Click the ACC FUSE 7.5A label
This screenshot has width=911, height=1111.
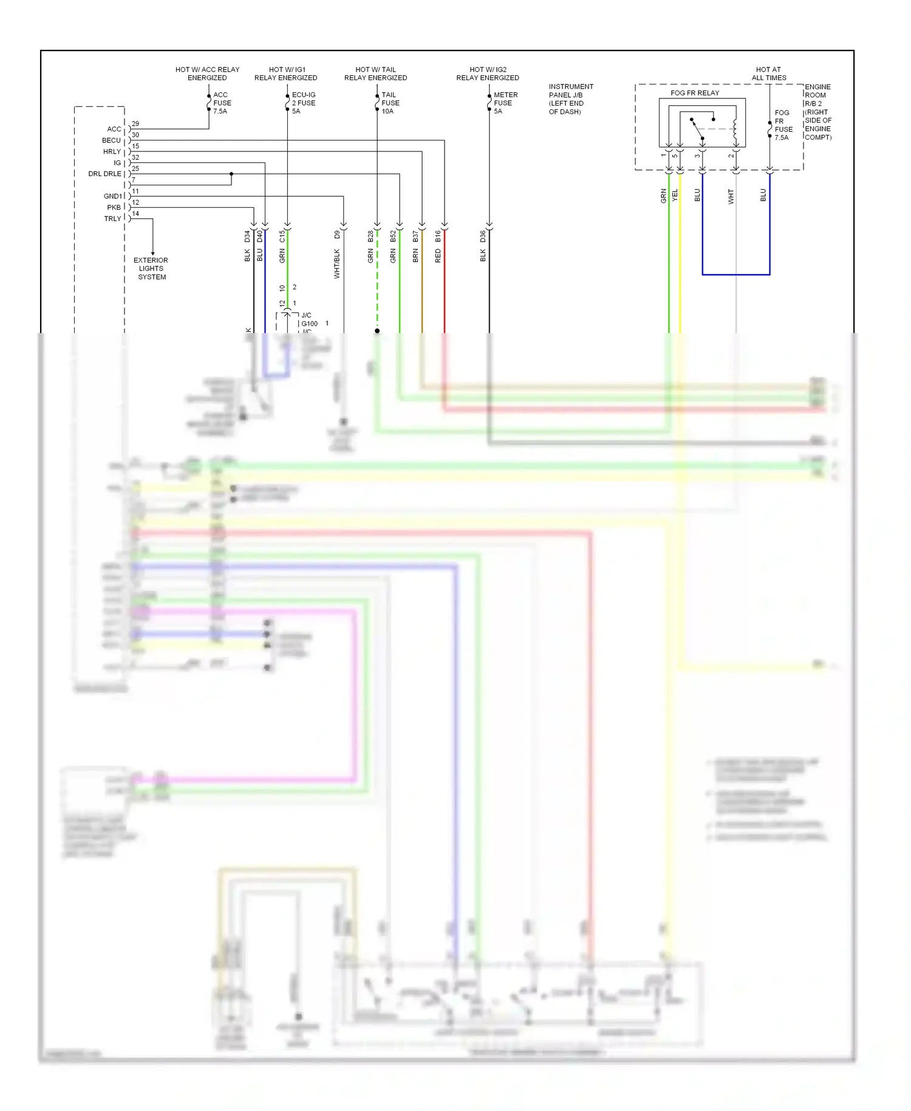coord(222,103)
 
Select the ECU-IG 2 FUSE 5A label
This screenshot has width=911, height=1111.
coord(303,103)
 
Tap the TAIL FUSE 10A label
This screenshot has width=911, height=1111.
coord(390,103)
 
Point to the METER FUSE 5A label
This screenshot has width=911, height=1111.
coord(505,103)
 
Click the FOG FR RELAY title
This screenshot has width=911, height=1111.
coord(694,93)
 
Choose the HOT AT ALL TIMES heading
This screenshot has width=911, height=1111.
coord(768,74)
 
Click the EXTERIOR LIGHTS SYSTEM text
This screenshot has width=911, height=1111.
coord(151,268)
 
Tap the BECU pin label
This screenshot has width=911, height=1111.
coord(111,140)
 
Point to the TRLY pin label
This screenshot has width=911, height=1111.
coord(112,219)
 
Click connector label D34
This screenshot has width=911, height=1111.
coord(247,236)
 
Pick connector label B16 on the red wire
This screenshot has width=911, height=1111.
coord(438,236)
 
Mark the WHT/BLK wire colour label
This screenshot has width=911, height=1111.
coord(337,264)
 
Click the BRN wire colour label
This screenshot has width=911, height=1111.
coord(415,256)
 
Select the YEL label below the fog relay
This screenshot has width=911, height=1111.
coord(675,194)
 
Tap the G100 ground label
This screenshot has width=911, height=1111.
coord(309,324)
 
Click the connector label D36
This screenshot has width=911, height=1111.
coord(483,236)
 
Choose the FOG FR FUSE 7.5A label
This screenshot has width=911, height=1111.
coord(783,125)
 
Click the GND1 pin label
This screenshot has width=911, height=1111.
coord(113,196)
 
